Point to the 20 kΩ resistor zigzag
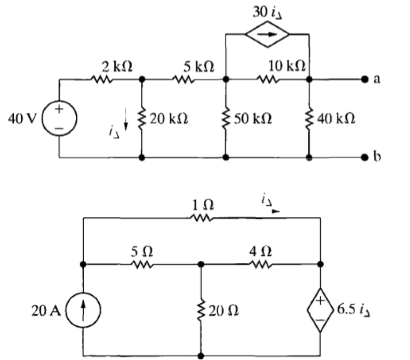[142, 118]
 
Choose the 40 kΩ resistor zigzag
[309, 119]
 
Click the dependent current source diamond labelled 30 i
[267, 34]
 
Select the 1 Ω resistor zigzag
[202, 217]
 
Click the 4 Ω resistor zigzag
[261, 264]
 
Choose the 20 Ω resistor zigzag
[201, 310]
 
